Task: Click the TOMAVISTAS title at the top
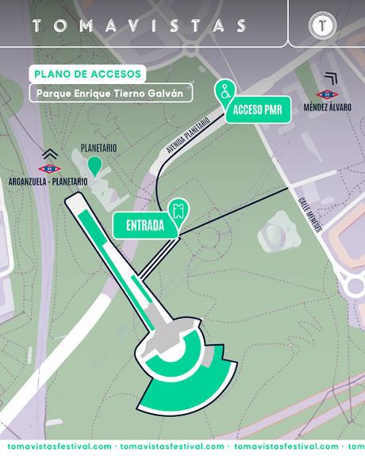coord(139,25)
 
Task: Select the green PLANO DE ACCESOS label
coord(86,74)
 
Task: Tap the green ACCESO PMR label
coord(259,112)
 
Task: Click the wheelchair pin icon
coord(226,90)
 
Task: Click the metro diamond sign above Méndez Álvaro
coord(328,94)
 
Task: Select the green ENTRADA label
coord(145,225)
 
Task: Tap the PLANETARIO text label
coord(98,148)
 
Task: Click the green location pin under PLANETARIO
coord(94,166)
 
